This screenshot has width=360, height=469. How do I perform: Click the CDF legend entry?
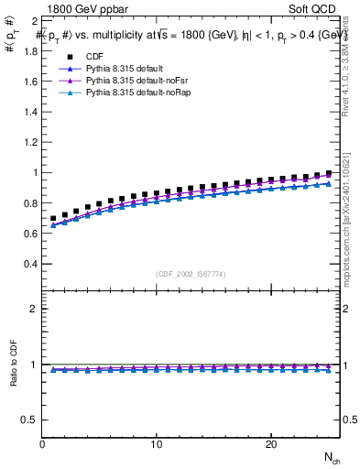pyautogui.click(x=95, y=57)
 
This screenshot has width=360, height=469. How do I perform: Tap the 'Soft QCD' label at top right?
pyautogui.click(x=314, y=8)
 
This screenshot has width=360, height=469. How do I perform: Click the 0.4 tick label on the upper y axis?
pyautogui.click(x=30, y=264)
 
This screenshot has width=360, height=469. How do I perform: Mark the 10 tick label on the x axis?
pyautogui.click(x=157, y=444)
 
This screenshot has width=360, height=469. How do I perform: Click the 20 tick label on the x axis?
pyautogui.click(x=270, y=444)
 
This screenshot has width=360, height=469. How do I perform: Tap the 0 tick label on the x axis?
pyautogui.click(x=43, y=444)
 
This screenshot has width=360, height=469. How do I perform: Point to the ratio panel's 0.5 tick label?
pyautogui.click(x=30, y=420)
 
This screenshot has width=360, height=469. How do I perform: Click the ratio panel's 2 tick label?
pyautogui.click(x=34, y=309)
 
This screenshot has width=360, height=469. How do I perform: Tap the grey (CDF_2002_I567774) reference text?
pyautogui.click(x=191, y=274)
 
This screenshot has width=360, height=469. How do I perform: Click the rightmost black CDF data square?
pyautogui.click(x=328, y=173)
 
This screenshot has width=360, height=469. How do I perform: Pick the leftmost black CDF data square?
pyautogui.click(x=54, y=219)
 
